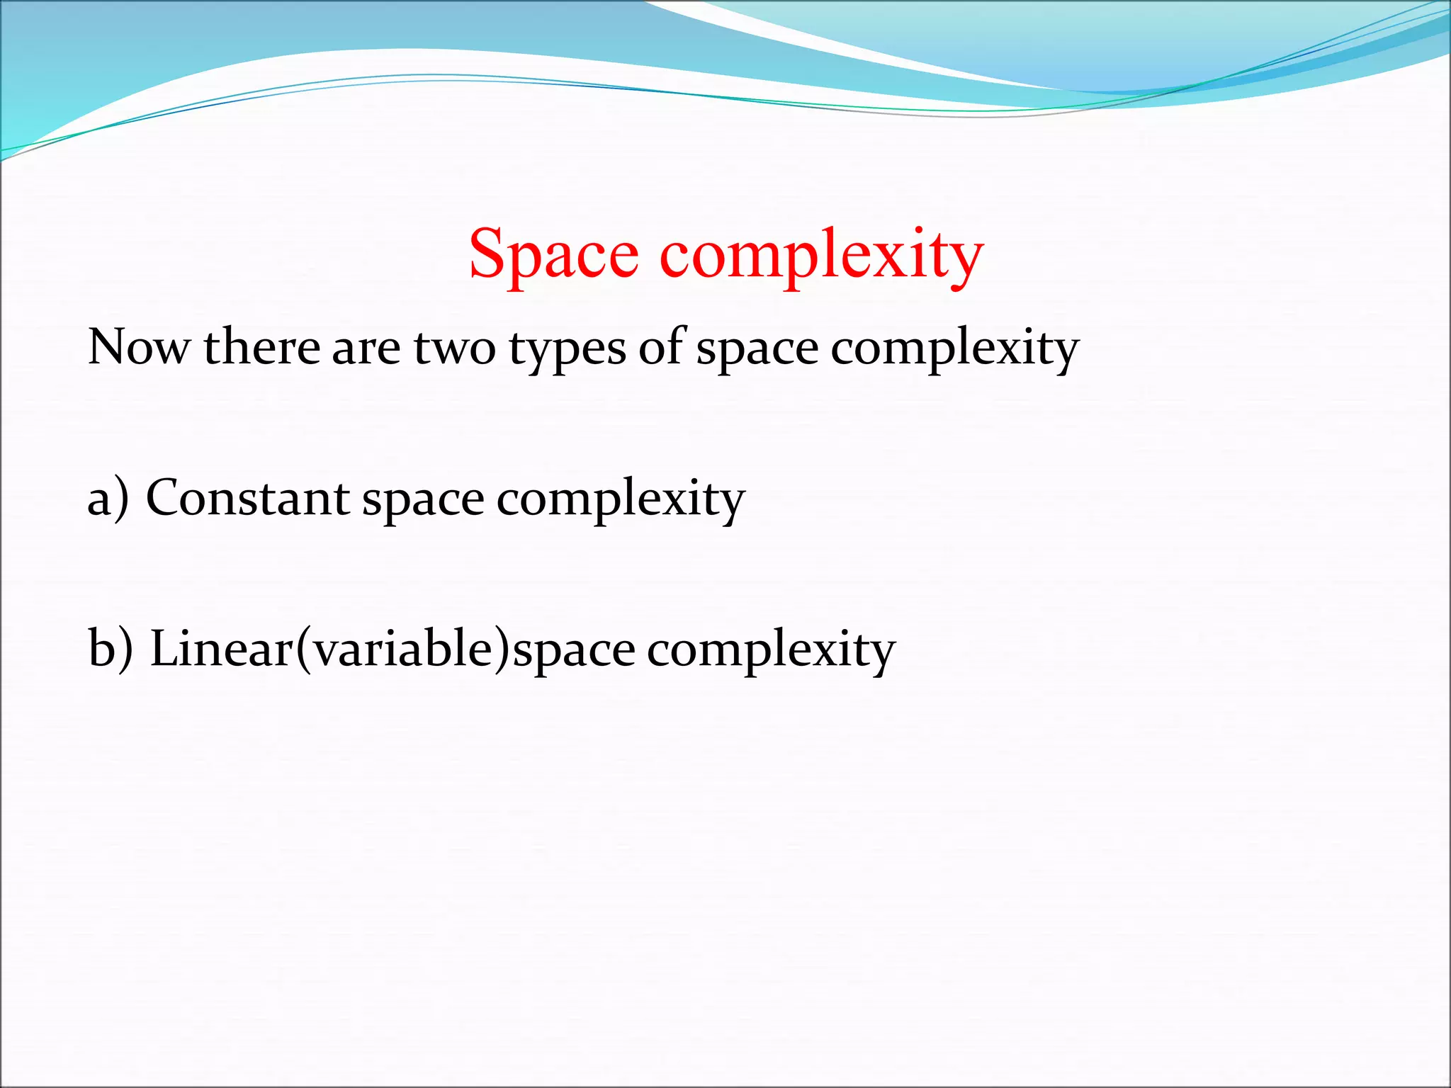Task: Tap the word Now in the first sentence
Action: tap(139, 347)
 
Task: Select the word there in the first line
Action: tap(261, 347)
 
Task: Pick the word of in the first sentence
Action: tap(661, 347)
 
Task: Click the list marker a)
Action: tap(108, 498)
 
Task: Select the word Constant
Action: tap(247, 498)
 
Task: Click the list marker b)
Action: tap(111, 649)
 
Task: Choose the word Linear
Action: tap(222, 649)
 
